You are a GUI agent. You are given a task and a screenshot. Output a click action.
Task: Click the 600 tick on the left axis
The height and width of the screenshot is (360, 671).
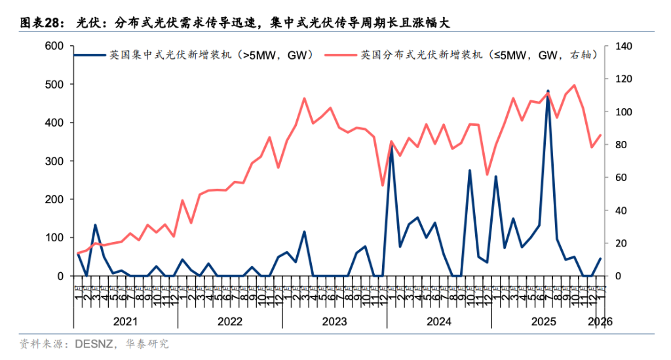point(54,46)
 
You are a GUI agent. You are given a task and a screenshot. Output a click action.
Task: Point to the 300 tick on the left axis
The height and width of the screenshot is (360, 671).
point(54,161)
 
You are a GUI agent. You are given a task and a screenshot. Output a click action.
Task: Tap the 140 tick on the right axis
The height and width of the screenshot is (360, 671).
point(620,46)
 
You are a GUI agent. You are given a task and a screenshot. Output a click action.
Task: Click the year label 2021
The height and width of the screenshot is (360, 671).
point(125,321)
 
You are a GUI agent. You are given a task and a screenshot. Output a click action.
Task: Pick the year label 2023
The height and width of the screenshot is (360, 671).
point(334,321)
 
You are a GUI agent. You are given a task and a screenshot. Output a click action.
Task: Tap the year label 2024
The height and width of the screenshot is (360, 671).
point(439,321)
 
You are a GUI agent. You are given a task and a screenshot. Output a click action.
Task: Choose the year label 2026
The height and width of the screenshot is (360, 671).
point(600,321)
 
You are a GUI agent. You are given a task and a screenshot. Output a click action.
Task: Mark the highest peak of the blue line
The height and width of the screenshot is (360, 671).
point(548,91)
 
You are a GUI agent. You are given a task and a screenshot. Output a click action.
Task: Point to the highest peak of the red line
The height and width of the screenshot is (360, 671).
point(574,85)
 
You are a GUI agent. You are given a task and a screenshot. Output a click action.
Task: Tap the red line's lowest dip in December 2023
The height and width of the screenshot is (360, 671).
point(383,186)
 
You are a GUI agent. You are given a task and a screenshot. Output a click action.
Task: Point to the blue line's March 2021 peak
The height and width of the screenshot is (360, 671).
point(95,225)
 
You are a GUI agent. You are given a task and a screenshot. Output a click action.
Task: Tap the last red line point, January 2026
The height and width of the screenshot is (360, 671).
point(600,135)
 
